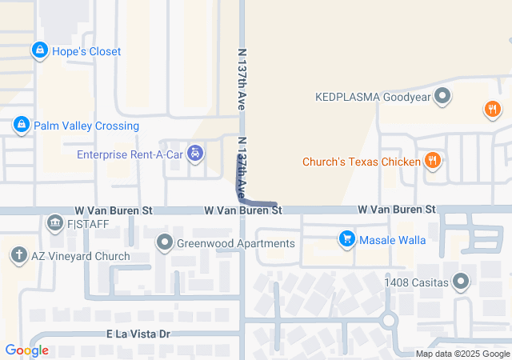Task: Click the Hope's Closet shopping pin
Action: pos(38,51)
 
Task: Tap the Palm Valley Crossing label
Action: pos(86,126)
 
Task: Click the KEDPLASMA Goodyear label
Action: pos(373,98)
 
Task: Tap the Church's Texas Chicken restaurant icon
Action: pos(433,162)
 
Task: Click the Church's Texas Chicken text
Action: pos(361,162)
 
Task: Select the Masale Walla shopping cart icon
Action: pos(346,238)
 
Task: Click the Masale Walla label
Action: pos(392,239)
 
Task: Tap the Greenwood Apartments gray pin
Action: pos(165,242)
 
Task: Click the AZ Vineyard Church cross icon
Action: pos(18,256)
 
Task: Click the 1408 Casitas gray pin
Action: pos(461,281)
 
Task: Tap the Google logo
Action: pos(26,350)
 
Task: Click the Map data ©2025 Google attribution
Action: pos(462,354)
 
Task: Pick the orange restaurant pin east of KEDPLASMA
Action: pos(492,110)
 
